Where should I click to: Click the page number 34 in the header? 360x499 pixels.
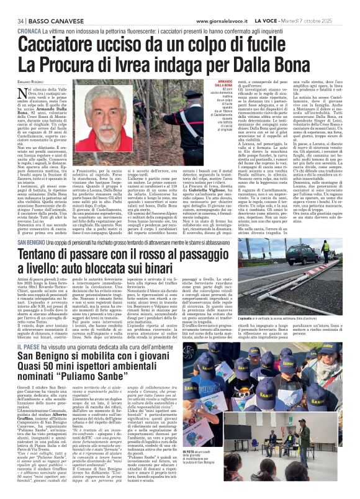tap(12, 5)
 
